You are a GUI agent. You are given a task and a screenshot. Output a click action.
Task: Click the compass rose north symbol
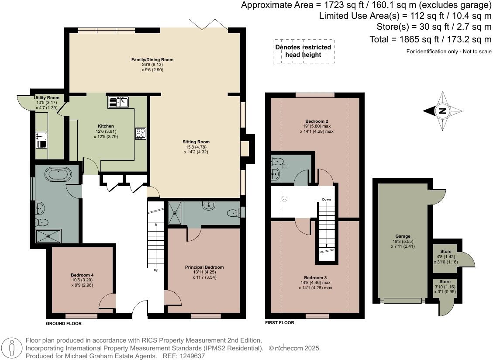coord(443,111)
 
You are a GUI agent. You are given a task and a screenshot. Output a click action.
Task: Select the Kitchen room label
coord(106,126)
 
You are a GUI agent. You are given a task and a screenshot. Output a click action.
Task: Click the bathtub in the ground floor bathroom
coord(58,175)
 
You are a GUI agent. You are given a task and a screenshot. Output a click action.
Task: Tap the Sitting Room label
coord(196,142)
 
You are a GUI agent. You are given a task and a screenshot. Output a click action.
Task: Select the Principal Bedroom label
coord(204,267)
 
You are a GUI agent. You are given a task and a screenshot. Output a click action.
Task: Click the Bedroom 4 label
coord(83,275)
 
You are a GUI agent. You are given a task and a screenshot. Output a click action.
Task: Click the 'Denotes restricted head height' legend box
coord(303,51)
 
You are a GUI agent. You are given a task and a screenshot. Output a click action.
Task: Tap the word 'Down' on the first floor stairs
coord(326,200)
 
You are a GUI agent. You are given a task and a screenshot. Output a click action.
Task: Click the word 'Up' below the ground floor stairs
coord(156,270)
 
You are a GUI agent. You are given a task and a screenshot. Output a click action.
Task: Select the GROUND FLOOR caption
coord(64,324)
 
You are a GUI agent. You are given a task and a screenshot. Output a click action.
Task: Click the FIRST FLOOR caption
coord(279,323)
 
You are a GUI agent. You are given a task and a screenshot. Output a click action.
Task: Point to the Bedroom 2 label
coord(317,121)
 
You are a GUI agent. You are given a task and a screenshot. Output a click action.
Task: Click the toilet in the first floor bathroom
coord(275,174)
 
